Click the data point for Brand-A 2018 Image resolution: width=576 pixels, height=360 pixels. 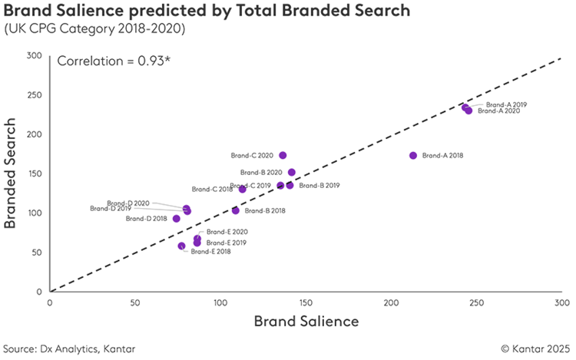pyautogui.click(x=413, y=155)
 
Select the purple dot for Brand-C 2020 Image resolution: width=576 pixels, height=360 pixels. pyautogui.click(x=283, y=155)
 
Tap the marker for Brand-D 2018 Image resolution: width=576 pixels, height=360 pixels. pyautogui.click(x=177, y=219)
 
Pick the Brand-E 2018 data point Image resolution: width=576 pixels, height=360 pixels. pyautogui.click(x=181, y=246)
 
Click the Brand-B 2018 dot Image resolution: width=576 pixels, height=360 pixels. pyautogui.click(x=236, y=210)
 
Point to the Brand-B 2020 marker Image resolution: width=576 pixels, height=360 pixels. pyautogui.click(x=292, y=173)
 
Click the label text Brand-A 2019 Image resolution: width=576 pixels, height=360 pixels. pyautogui.click(x=505, y=104)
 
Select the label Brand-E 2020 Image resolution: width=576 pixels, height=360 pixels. pyautogui.click(x=227, y=232)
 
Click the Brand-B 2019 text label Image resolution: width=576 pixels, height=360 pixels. pyautogui.click(x=319, y=185)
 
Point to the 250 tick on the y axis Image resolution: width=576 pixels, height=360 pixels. pyautogui.click(x=35, y=95)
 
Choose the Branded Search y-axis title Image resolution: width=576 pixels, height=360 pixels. pyautogui.click(x=12, y=173)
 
